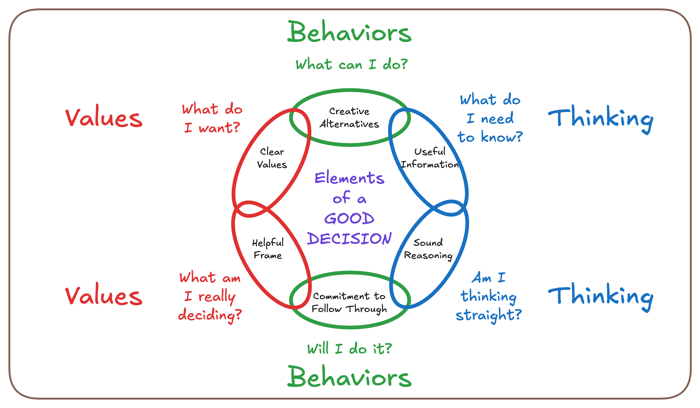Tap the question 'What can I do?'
point(352,64)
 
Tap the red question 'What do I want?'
point(212,119)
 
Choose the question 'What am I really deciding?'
point(210,296)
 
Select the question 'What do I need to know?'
point(490,118)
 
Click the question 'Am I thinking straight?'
point(489,296)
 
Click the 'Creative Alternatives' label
point(349,118)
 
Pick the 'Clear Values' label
point(272,158)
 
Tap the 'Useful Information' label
point(430,158)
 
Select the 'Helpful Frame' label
point(268,249)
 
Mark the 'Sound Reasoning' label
point(428,249)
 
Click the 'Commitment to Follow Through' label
point(349,302)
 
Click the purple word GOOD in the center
point(349,218)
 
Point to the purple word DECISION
point(349,239)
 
